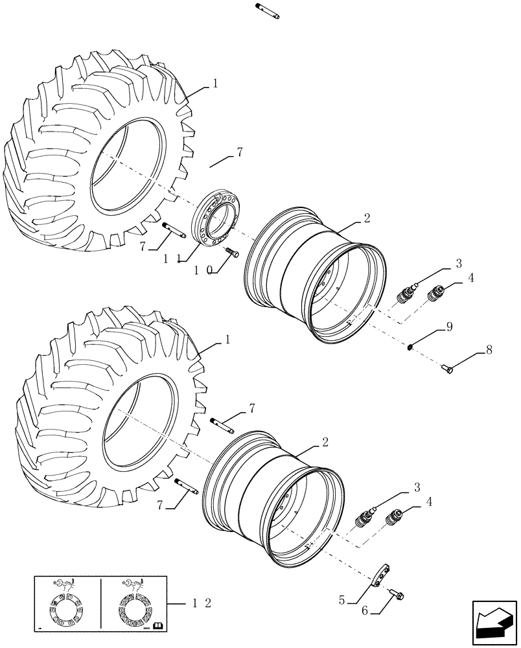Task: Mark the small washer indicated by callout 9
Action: coord(411,347)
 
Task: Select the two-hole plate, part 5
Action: coord(381,570)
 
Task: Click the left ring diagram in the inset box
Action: coord(67,605)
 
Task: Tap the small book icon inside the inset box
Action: coord(157,627)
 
